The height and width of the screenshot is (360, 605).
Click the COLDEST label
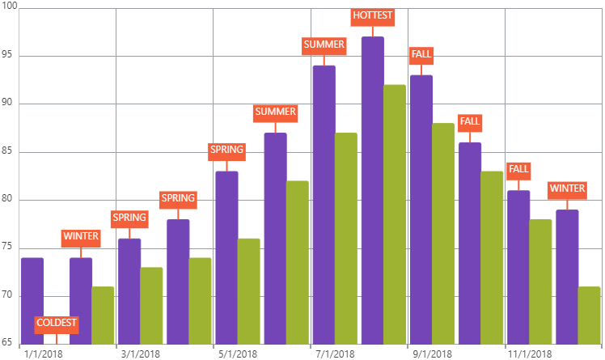coord(57,324)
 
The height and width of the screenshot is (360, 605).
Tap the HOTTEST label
coord(373,15)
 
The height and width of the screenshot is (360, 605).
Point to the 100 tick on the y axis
coord(8,7)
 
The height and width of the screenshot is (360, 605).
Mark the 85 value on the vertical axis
coord(8,152)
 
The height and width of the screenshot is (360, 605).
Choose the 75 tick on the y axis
coord(8,248)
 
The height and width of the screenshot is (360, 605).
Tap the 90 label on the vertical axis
coord(8,104)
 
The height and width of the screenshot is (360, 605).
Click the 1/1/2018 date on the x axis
coord(44,354)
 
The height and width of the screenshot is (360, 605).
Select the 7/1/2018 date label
coord(335,354)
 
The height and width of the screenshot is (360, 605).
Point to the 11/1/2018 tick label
coord(530,354)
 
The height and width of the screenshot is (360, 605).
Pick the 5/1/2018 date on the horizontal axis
coord(238,354)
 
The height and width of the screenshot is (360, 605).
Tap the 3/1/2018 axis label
coord(141,354)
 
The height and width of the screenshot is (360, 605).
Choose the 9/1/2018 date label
coord(432,354)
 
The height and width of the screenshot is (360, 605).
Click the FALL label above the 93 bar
coord(421,55)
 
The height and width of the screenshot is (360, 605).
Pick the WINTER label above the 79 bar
coord(567,189)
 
